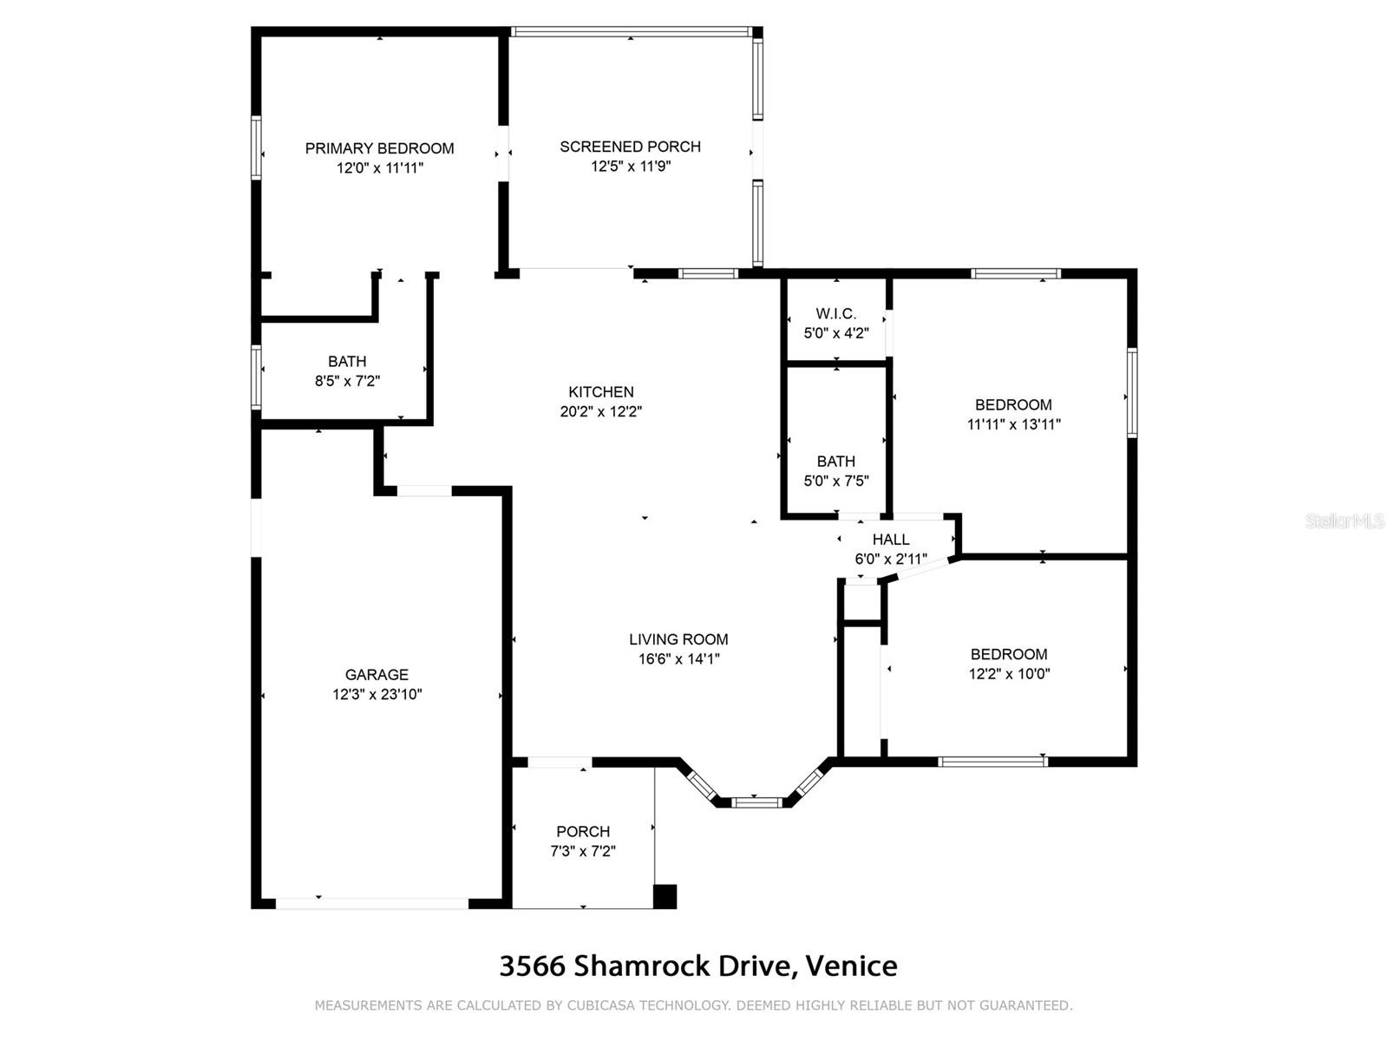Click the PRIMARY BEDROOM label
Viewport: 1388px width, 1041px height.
(379, 148)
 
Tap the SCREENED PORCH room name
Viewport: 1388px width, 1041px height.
(630, 147)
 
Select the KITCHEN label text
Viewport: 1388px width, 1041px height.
(600, 392)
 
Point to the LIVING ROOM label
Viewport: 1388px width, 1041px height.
(678, 639)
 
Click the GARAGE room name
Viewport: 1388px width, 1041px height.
(376, 674)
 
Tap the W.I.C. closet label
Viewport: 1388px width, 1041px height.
(836, 313)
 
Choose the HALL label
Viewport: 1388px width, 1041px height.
(891, 539)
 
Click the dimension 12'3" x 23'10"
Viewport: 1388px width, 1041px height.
(376, 694)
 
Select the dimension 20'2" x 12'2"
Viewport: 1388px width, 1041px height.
(600, 411)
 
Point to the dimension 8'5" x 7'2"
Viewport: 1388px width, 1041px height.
(347, 381)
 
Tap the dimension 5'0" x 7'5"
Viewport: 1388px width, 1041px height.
(836, 481)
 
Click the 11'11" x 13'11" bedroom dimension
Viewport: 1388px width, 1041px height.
(1013, 424)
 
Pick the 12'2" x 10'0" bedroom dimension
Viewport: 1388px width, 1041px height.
(1009, 674)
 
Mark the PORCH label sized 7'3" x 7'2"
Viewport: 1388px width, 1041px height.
(583, 831)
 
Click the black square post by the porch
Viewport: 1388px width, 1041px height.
(665, 896)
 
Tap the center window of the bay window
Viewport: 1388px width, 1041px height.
(757, 802)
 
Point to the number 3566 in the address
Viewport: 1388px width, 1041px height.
(532, 966)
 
